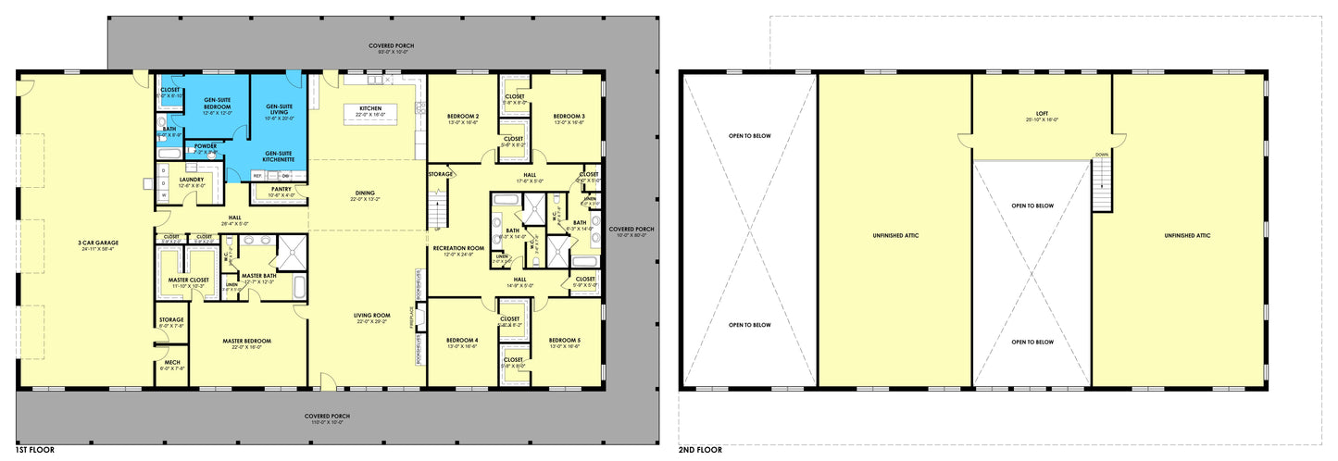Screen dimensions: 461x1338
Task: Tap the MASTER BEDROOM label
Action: tap(246, 342)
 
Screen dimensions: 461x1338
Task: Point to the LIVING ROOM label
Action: tap(369, 318)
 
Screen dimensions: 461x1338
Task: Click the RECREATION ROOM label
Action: tap(458, 249)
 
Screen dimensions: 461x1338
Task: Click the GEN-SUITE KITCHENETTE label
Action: tap(280, 156)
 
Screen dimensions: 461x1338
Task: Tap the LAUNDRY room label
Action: tap(192, 181)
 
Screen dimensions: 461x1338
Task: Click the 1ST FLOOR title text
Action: tap(35, 450)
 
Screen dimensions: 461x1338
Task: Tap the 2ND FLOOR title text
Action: tap(700, 450)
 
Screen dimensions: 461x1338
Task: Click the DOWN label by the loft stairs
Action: tap(1102, 155)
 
